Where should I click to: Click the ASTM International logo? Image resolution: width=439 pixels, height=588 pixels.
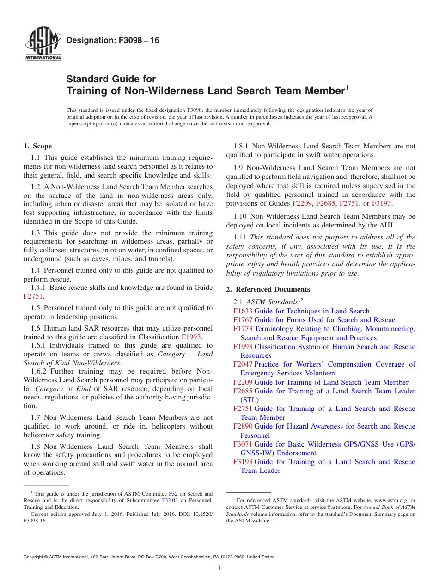(x=43, y=44)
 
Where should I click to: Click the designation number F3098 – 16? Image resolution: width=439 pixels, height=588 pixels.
(x=113, y=41)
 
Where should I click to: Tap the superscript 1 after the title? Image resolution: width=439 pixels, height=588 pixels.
(x=347, y=86)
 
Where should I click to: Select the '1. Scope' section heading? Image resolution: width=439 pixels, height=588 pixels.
(x=38, y=147)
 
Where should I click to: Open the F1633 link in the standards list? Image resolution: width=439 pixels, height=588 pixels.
(x=243, y=311)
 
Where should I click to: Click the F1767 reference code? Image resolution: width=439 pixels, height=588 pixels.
(x=243, y=320)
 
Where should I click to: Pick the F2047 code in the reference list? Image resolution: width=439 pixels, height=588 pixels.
(x=243, y=364)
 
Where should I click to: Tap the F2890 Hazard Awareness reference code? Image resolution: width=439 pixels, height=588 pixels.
(x=243, y=426)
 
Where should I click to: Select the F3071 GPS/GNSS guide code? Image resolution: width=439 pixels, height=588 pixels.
(x=243, y=444)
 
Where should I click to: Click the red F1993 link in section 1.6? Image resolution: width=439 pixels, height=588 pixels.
(x=191, y=337)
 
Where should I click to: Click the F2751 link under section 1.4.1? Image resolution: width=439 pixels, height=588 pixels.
(x=33, y=296)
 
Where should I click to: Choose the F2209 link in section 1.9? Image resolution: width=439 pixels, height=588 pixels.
(x=302, y=203)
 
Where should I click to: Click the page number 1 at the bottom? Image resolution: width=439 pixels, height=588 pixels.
(x=219, y=568)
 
